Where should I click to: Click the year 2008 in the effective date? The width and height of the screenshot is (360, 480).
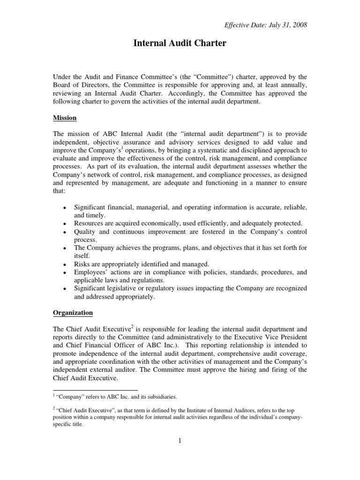click(x=300, y=25)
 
